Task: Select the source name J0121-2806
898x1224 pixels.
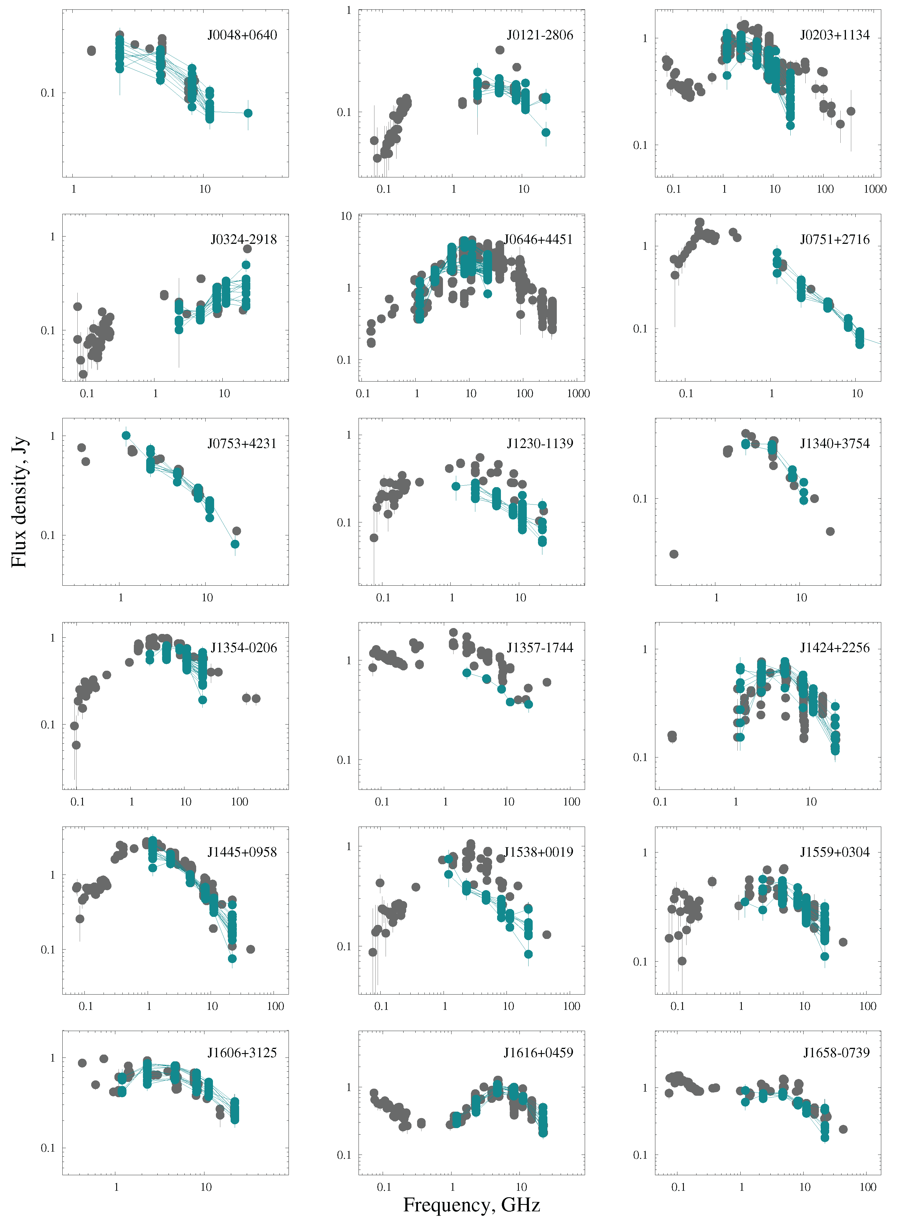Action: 540,35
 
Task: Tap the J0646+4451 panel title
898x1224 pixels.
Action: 538,240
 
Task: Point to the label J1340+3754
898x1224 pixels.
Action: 834,444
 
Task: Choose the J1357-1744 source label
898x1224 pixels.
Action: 540,647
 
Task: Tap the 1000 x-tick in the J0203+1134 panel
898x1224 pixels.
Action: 875,189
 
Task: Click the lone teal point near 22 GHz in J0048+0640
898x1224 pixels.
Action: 248,113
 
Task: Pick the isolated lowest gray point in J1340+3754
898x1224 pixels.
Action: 674,554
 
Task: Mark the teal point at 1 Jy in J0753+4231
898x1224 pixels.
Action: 126,435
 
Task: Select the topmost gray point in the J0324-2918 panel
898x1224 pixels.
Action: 247,249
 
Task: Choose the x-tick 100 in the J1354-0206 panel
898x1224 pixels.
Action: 240,802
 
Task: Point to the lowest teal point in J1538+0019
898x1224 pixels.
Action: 528,955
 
